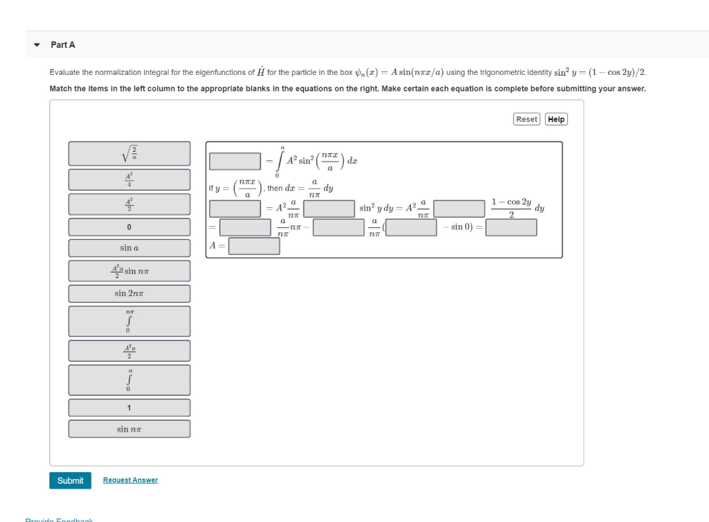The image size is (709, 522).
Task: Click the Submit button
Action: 70,480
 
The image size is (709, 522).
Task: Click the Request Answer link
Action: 130,480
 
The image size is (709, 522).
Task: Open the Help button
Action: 556,119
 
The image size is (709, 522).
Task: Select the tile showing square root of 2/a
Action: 129,153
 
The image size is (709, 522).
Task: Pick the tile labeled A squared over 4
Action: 129,180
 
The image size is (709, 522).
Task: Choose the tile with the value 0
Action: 129,227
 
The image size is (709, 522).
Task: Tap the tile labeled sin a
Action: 129,247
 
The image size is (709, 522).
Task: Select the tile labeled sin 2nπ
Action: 129,293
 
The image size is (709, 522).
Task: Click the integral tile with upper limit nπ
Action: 129,321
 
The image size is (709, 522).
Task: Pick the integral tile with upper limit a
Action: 129,380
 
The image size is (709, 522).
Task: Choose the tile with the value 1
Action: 129,408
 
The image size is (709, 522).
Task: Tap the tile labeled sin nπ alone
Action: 129,429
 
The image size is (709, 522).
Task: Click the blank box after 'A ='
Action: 254,245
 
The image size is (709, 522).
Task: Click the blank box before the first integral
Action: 235,161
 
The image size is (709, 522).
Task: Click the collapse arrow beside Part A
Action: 37,45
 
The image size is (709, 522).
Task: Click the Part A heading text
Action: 63,44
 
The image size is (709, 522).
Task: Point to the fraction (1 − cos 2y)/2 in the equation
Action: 511,208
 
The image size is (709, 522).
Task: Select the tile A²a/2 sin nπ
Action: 129,270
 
